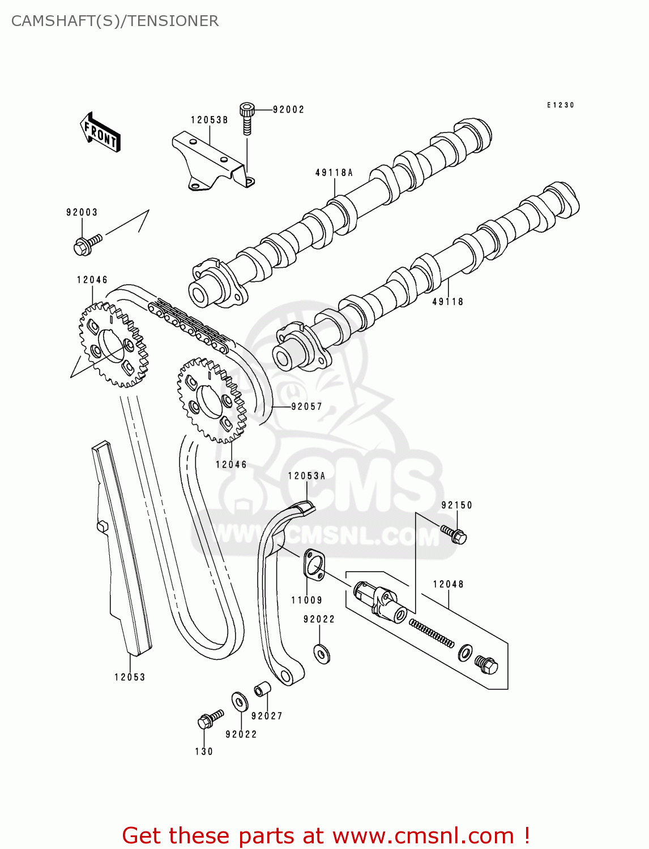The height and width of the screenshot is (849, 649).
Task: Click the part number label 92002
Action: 288,110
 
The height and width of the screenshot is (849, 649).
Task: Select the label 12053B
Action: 209,120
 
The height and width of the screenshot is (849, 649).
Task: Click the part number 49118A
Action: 334,173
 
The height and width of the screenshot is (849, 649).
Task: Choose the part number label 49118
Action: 448,302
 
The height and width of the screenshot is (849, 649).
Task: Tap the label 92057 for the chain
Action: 306,406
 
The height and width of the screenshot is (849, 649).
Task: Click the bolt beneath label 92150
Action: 454,534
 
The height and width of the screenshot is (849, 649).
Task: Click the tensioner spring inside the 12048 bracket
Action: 431,633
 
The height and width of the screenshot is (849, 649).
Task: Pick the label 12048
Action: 449,584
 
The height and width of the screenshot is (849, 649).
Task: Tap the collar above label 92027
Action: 262,690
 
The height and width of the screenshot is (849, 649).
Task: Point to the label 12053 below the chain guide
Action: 130,677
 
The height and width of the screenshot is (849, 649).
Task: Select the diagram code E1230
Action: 560,105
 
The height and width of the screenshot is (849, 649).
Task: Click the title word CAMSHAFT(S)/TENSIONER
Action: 115,21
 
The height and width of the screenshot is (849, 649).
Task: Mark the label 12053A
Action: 306,476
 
